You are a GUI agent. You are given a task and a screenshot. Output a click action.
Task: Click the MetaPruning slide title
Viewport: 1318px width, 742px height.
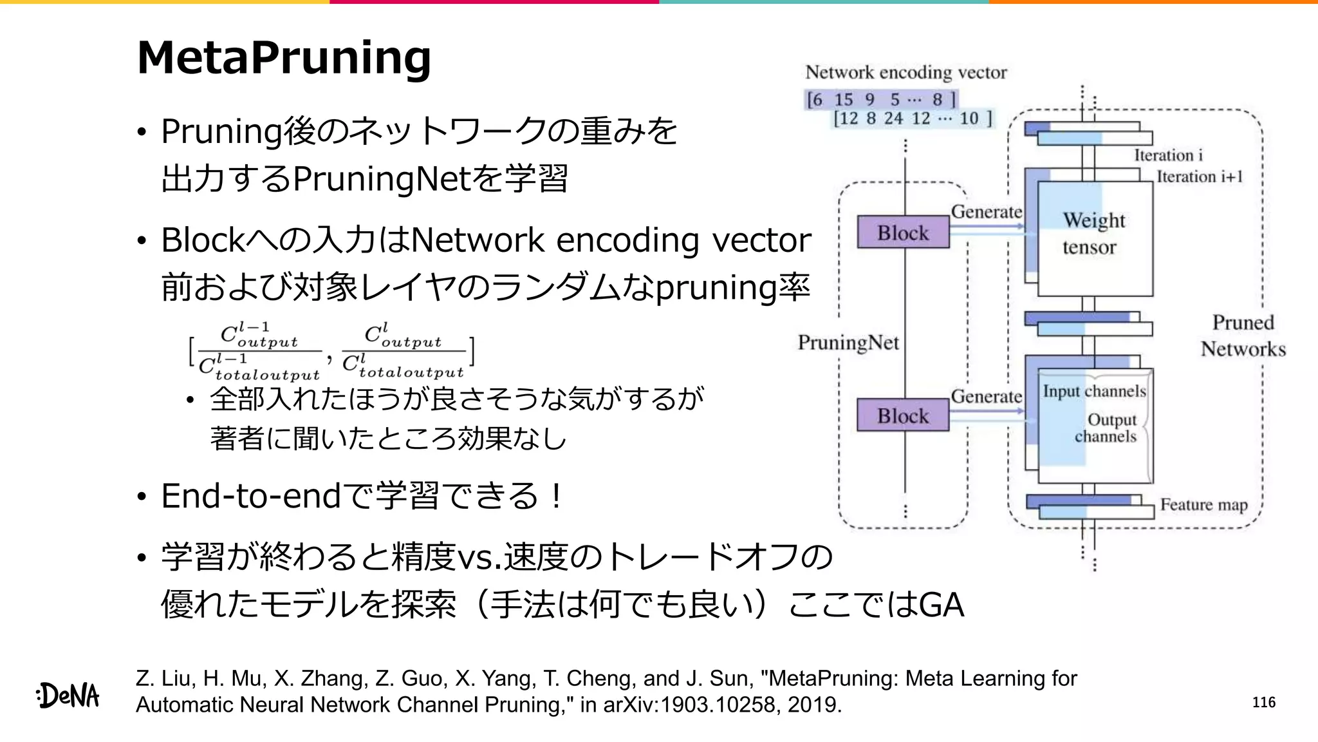284,58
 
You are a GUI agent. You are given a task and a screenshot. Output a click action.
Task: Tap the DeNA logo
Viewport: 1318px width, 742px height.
68,696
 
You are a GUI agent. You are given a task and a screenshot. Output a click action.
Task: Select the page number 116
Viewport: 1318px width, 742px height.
1263,702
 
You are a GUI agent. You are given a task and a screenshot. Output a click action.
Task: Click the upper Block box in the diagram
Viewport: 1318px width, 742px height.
903,233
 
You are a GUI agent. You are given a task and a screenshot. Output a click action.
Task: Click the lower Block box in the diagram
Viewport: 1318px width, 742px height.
903,415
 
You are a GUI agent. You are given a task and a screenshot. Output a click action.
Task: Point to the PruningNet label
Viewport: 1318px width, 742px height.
848,343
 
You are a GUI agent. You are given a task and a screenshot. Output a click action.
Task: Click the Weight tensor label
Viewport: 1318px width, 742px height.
1093,233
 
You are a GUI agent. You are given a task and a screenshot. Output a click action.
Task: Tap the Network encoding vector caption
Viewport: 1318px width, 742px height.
905,72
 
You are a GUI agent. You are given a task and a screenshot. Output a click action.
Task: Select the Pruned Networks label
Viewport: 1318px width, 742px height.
1243,336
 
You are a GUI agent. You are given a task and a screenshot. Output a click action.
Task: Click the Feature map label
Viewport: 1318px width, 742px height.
1203,504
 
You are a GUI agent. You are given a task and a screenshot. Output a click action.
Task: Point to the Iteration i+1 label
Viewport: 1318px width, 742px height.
1199,176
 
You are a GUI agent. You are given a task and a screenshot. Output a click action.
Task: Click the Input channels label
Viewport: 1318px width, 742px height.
1094,391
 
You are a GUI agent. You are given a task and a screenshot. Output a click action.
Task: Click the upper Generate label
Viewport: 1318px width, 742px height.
986,211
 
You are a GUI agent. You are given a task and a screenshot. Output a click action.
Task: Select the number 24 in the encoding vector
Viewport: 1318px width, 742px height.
893,119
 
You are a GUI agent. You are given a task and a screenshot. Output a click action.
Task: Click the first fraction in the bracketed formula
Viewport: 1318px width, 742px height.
259,352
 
